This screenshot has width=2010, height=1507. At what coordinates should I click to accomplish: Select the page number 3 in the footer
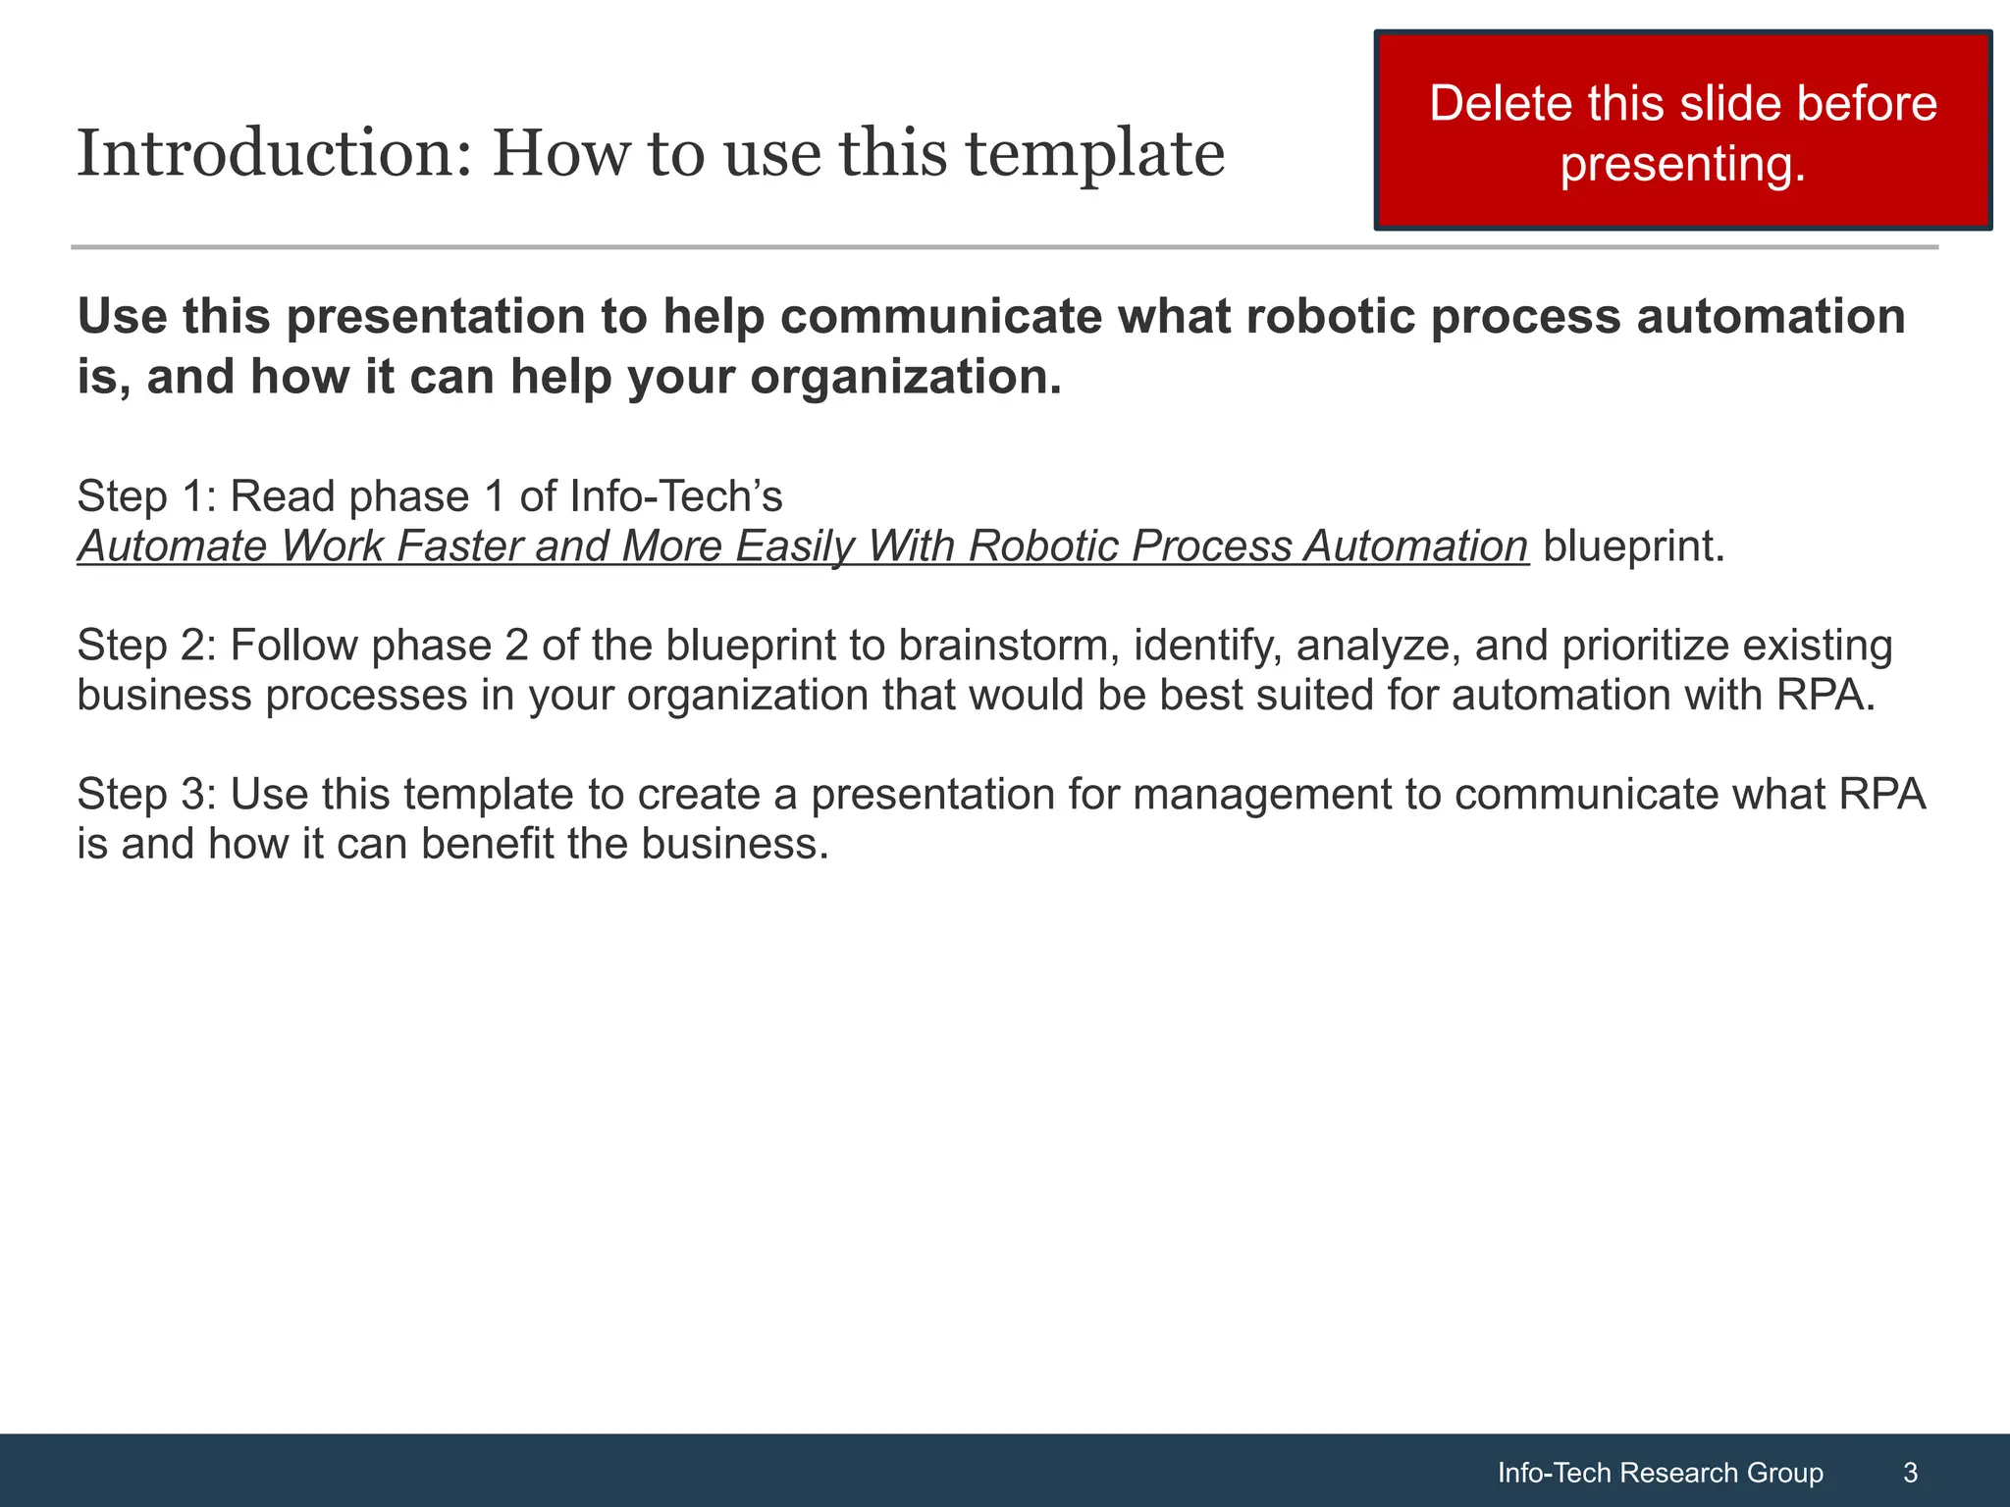(1910, 1473)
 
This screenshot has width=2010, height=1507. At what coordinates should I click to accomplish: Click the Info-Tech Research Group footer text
(1660, 1473)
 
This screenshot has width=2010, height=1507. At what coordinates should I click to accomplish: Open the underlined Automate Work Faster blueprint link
(803, 546)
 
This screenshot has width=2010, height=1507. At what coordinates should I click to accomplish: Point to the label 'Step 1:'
(145, 496)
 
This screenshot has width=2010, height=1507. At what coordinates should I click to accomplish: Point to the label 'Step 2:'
(145, 646)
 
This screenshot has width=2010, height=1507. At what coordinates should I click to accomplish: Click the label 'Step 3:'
(145, 795)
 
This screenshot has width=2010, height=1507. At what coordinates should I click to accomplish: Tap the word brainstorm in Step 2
(1007, 646)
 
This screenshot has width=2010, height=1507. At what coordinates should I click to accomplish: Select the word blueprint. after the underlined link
(1633, 546)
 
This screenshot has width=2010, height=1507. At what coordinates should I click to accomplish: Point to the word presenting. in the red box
(1682, 164)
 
